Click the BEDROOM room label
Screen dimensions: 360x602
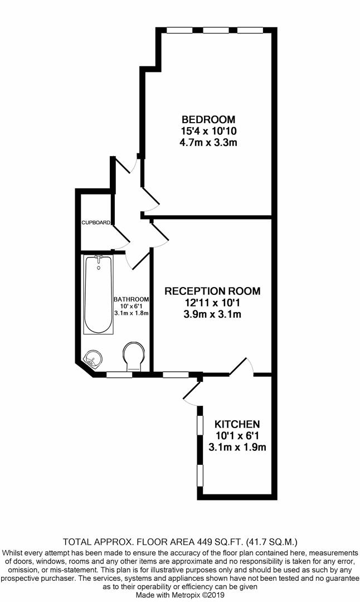click(x=208, y=119)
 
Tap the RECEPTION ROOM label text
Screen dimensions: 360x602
click(x=212, y=291)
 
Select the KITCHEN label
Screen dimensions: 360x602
click(x=237, y=424)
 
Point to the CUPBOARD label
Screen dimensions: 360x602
click(x=96, y=222)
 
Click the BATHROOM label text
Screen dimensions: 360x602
click(x=132, y=299)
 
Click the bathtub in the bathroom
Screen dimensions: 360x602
click(x=99, y=294)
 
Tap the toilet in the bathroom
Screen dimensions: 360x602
click(x=134, y=357)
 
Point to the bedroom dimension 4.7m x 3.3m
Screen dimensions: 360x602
click(x=208, y=143)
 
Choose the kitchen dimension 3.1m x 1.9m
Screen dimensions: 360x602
click(x=237, y=447)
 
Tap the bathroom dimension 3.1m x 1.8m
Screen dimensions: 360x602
click(x=132, y=313)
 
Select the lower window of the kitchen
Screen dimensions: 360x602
click(x=200, y=475)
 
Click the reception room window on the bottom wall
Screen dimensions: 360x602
click(x=176, y=375)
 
